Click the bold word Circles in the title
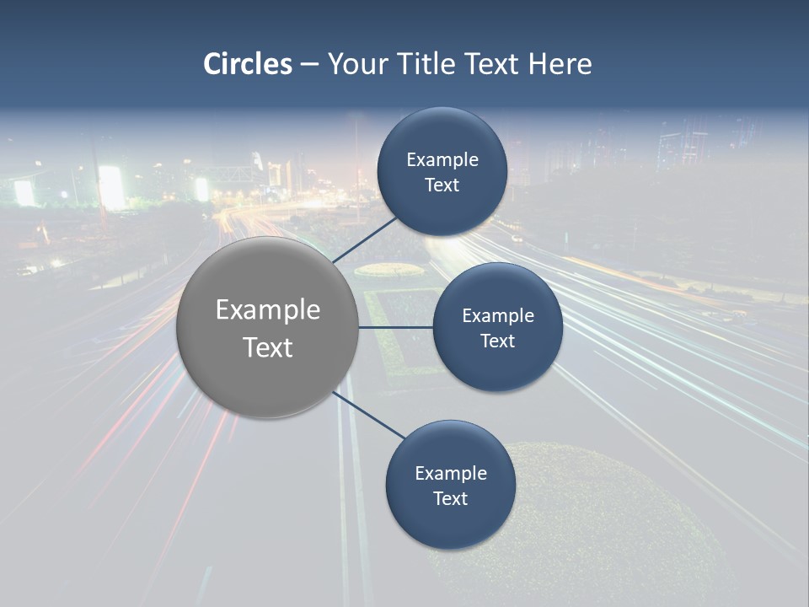click(x=248, y=64)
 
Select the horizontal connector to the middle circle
click(x=395, y=327)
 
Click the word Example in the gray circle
click(x=268, y=310)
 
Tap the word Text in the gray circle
click(x=268, y=347)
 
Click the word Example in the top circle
click(x=442, y=160)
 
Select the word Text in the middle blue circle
click(x=497, y=341)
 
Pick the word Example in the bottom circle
click(x=451, y=474)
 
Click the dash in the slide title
click(x=308, y=64)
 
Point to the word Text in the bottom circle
click(x=451, y=499)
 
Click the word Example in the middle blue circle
click(x=498, y=316)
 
